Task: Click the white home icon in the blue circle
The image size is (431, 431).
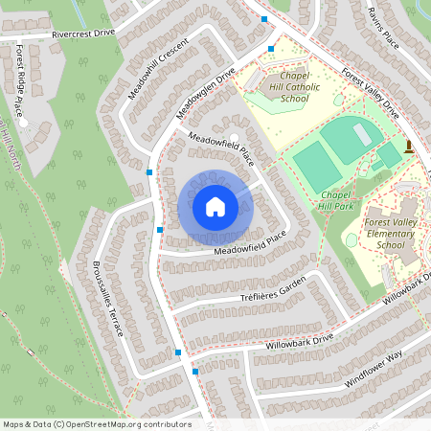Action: [215, 207]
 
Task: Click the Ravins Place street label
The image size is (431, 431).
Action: [381, 27]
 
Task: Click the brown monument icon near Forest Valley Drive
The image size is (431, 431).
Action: [409, 147]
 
